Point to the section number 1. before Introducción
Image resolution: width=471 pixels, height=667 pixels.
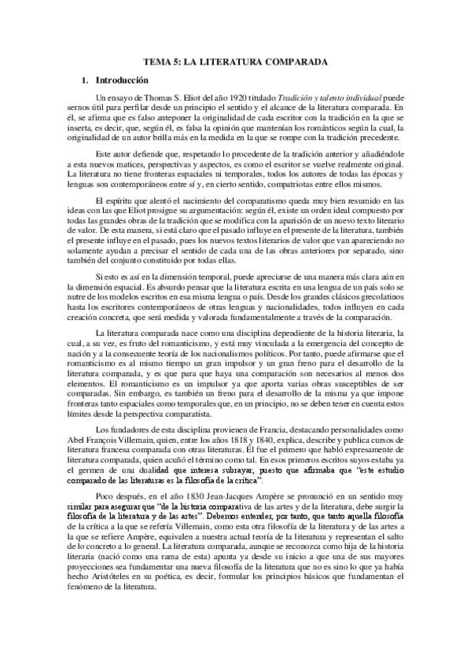(x=86, y=79)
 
